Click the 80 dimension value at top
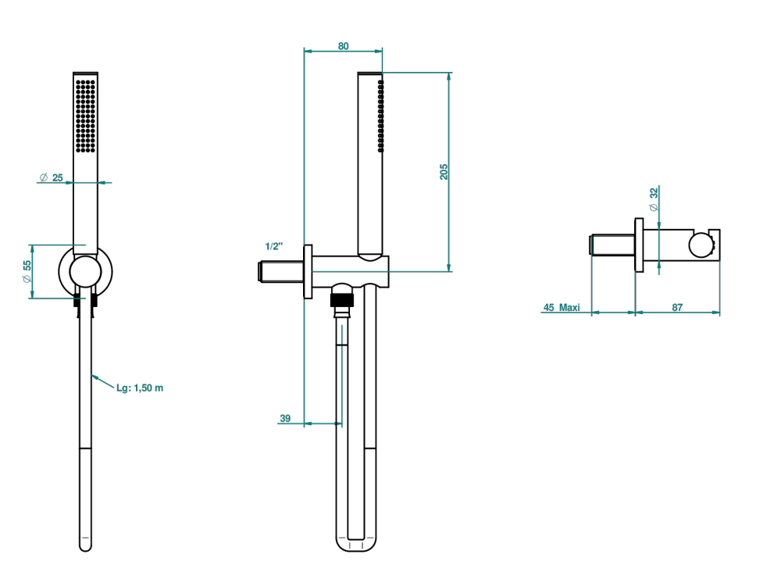click(x=343, y=46)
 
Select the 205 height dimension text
click(x=444, y=172)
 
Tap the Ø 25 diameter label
click(x=52, y=177)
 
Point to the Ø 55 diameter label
click(x=27, y=271)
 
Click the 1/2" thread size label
click(x=274, y=246)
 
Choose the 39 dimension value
click(x=285, y=418)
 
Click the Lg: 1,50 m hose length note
click(x=140, y=388)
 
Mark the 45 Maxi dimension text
click(x=562, y=307)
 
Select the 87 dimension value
click(x=677, y=307)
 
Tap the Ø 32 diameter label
click(x=654, y=199)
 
